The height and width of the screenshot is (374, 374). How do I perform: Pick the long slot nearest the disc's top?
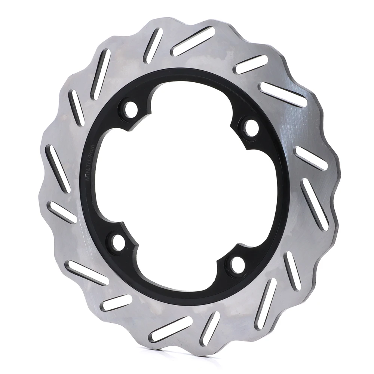(x=193, y=41)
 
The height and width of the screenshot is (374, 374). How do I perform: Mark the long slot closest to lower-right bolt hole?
(x=266, y=303)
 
